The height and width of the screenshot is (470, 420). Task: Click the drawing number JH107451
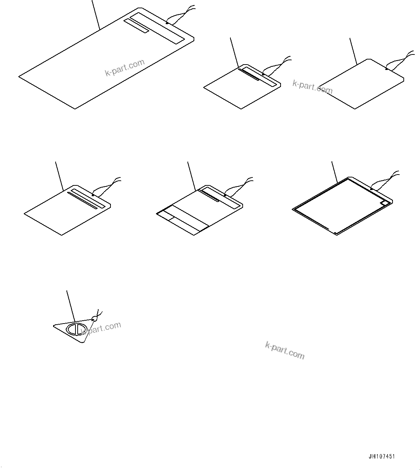coord(382,456)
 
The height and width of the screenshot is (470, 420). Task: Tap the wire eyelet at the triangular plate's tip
coord(95,318)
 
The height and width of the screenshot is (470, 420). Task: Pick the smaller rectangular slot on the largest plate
coord(136,26)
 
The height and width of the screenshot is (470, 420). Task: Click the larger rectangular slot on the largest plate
coord(157,28)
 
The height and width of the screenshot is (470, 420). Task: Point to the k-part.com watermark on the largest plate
coord(125,67)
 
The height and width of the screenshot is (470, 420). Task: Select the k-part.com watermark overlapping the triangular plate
coord(101,328)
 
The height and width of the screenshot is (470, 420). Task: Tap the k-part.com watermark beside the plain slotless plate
coord(312,87)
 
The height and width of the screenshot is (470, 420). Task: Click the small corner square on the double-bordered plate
coord(385,203)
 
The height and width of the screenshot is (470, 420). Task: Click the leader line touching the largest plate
coord(96,14)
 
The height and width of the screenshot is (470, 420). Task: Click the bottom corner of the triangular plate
coord(83,342)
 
